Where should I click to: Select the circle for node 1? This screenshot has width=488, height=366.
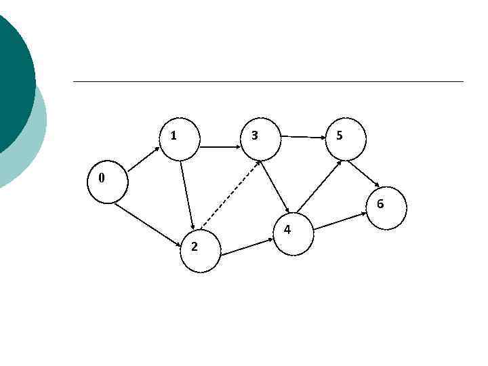[x=180, y=140]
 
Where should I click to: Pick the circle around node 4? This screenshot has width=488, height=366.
[x=294, y=235]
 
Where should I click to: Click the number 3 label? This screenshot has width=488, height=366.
[x=254, y=136]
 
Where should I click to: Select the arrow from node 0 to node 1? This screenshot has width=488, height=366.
[x=142, y=160]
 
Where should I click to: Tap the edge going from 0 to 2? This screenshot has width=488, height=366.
[x=147, y=223]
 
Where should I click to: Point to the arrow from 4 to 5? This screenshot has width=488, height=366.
[x=319, y=186]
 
